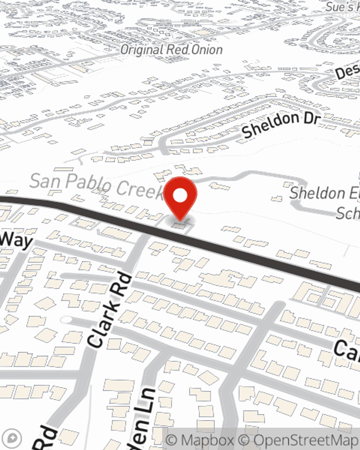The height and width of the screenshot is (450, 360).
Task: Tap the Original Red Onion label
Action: click(171, 50)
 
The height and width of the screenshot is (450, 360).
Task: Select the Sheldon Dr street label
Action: click(281, 125)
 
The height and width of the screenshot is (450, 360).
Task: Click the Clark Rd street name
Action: click(110, 310)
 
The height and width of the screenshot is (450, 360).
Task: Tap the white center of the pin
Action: click(180, 196)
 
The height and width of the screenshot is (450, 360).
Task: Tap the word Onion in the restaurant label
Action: click(207, 50)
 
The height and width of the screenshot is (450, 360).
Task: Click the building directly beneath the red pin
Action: click(179, 226)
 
